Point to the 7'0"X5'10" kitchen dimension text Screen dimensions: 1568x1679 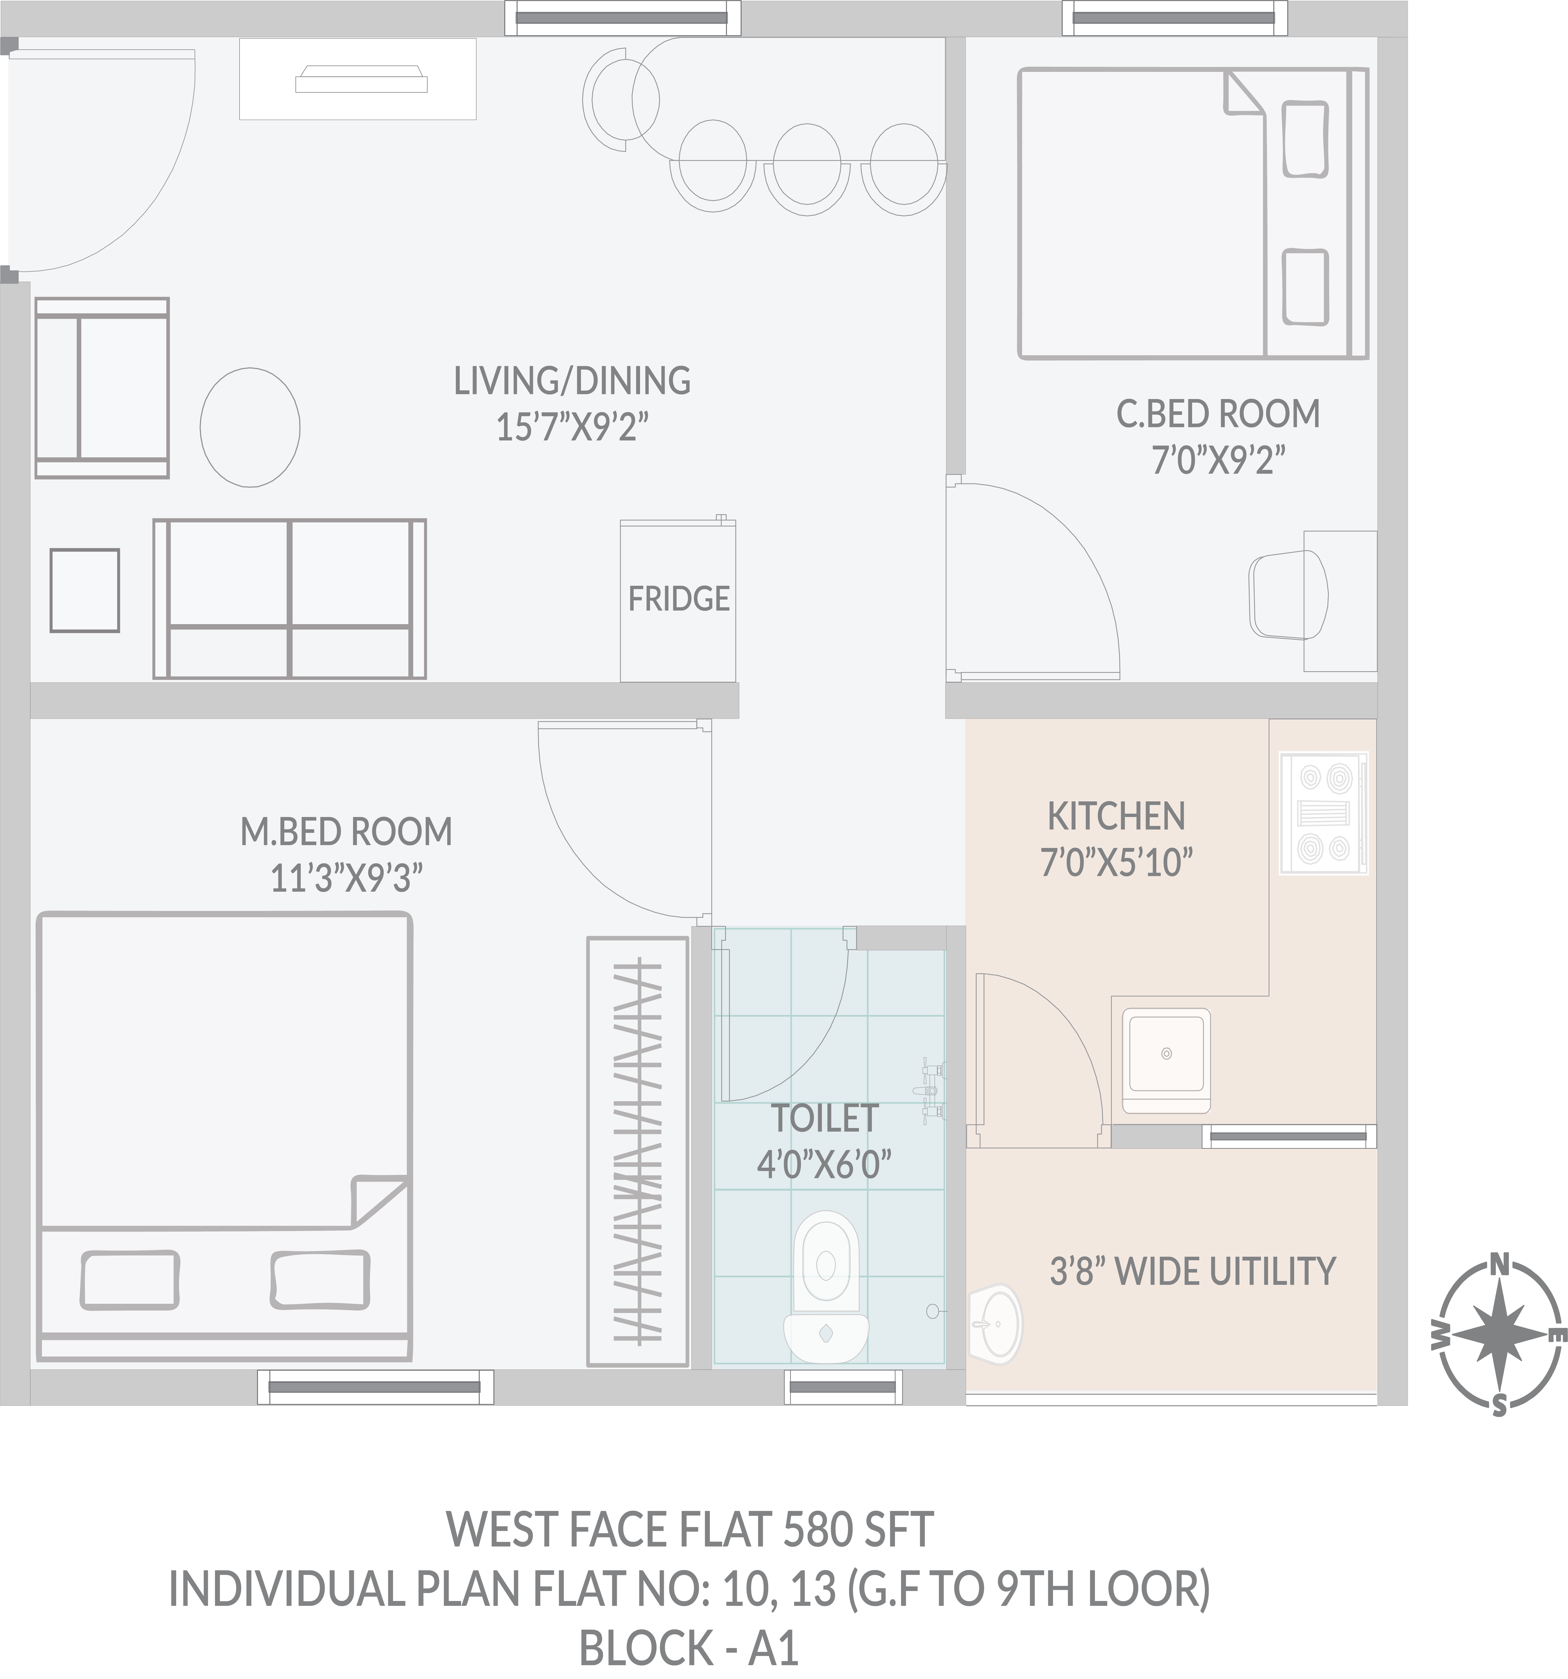(x=1116, y=863)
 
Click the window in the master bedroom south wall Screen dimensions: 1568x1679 (x=375, y=1387)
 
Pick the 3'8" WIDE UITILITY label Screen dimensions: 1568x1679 (x=1192, y=1271)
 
